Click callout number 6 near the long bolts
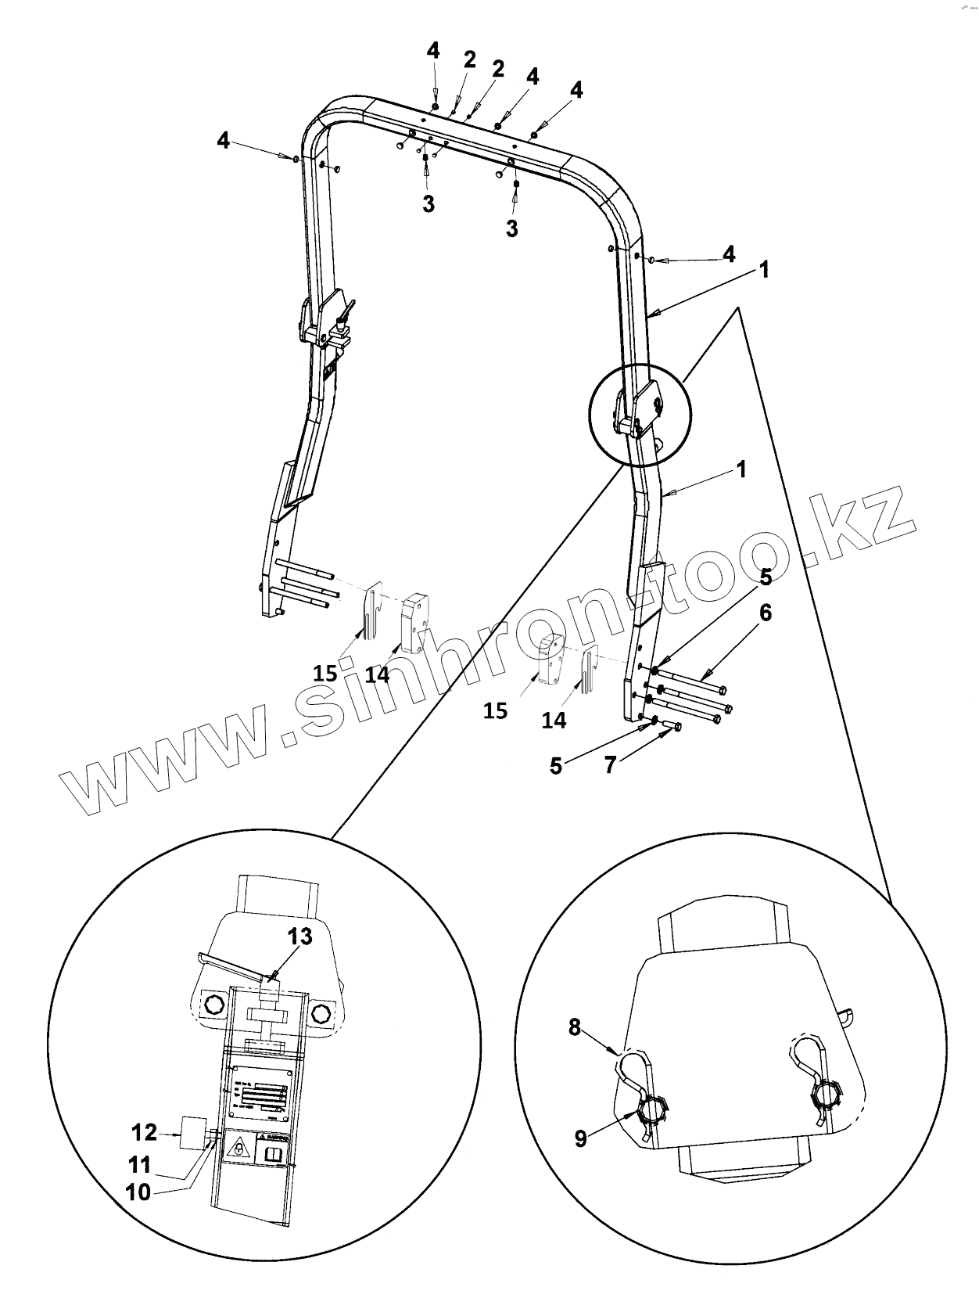click(764, 613)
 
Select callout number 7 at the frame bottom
click(610, 764)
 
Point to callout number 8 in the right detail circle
click(575, 1027)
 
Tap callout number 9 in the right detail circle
click(580, 1137)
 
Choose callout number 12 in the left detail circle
click(144, 1131)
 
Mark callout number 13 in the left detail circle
click(299, 937)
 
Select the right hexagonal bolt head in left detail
click(320, 1013)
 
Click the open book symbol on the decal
click(274, 1155)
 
